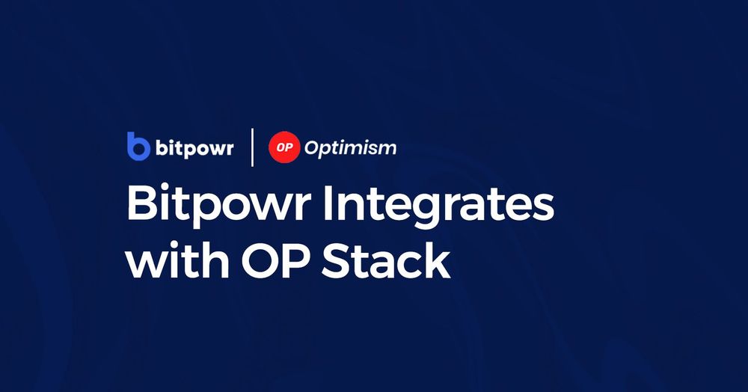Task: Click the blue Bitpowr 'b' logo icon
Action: (138, 147)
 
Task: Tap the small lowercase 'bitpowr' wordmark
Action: (194, 148)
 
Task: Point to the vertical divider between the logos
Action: (251, 147)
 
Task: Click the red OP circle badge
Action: (284, 147)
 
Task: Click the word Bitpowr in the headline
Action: (216, 203)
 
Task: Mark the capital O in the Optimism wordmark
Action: (313, 147)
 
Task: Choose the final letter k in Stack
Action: (439, 261)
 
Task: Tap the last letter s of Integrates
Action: (543, 206)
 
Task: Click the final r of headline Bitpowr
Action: (299, 206)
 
